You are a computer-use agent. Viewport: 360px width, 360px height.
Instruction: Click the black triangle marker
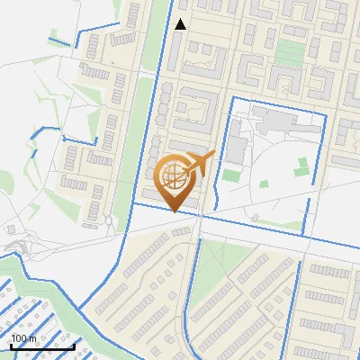(181, 24)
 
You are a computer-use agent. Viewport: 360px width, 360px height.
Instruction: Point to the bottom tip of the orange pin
(175, 211)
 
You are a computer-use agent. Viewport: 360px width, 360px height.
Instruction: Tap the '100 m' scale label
(24, 338)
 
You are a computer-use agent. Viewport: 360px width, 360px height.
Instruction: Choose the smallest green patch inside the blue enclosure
(265, 184)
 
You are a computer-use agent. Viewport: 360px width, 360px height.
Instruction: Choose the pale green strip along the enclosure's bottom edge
(270, 222)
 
